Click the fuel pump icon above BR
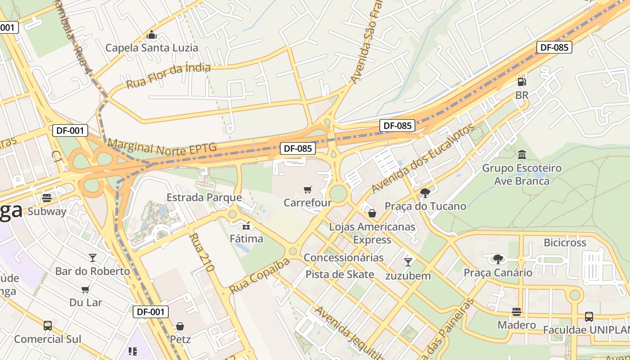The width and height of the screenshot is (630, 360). coord(522,82)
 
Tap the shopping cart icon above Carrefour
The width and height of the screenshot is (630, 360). coord(308,189)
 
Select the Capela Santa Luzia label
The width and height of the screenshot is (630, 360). coord(152,48)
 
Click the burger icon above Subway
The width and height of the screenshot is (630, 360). coord(47,198)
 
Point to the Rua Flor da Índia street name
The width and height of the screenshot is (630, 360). coord(168,76)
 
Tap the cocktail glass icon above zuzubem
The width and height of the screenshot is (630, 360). coord(408,262)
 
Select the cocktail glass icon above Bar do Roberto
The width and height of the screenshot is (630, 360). coord(93,257)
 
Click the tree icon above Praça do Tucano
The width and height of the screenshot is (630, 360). coord(425,193)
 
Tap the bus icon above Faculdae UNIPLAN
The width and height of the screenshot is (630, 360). coord(589,316)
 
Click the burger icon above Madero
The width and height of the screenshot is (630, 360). coord(517,311)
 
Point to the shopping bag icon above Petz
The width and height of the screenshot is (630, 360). coord(180,326)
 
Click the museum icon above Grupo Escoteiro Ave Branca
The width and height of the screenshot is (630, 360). coord(522,155)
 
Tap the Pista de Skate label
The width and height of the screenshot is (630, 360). coord(340,274)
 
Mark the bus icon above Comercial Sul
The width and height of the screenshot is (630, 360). coord(48,325)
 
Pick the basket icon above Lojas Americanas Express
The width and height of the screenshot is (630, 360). coord(372,213)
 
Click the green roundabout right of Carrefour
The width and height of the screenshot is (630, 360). coord(338,194)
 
